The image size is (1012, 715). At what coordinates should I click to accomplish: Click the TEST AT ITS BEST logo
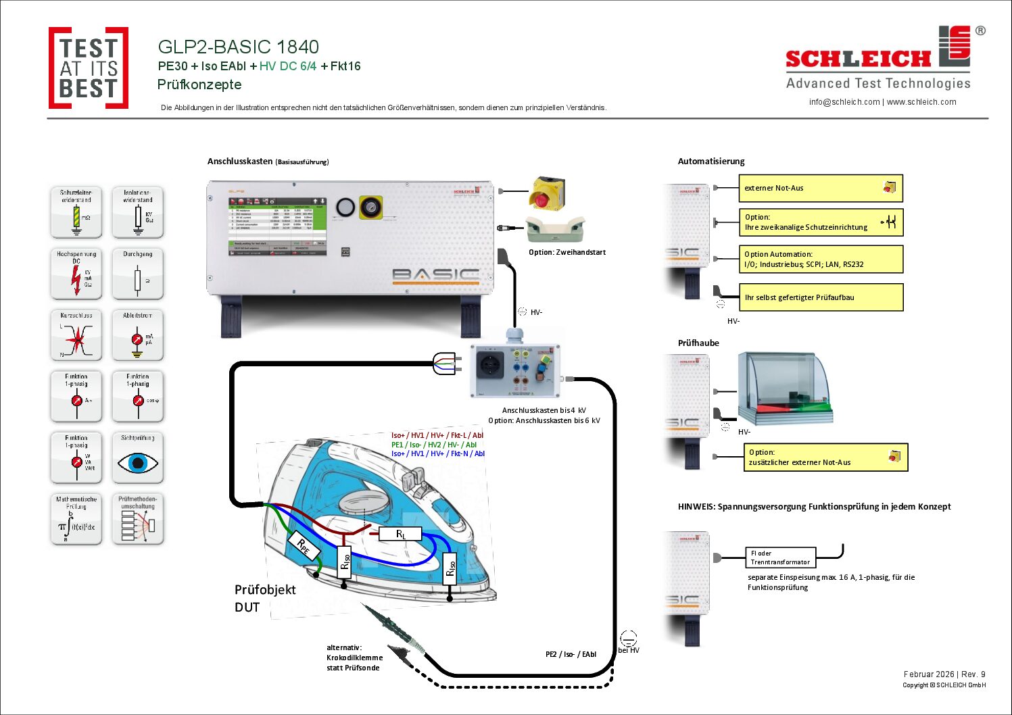click(x=89, y=68)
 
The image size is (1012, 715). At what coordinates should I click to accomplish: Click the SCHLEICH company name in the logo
click(x=858, y=59)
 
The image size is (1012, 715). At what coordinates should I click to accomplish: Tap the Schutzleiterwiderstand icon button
click(x=76, y=212)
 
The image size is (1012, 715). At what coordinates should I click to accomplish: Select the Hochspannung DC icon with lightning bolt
click(x=76, y=274)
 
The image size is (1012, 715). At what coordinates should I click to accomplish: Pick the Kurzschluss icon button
click(x=76, y=335)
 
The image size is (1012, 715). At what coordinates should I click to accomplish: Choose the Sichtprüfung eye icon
click(x=138, y=458)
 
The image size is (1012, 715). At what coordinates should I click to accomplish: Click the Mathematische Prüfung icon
click(x=76, y=519)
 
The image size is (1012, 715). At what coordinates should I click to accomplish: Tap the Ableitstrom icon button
click(x=138, y=335)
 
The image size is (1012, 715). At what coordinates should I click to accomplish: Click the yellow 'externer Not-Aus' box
click(x=821, y=188)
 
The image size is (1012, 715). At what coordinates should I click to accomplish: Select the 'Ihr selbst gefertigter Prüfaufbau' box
click(x=821, y=297)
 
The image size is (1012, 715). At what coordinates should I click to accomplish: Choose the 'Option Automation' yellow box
click(x=821, y=259)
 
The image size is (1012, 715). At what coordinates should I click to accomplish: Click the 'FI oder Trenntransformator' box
click(x=780, y=558)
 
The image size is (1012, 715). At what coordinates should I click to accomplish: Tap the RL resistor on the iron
click(x=400, y=534)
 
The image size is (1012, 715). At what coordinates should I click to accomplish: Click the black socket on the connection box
click(x=490, y=366)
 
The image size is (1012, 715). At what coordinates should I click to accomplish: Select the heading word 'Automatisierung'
click(x=711, y=162)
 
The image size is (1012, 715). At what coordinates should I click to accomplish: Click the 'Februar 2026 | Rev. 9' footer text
click(x=944, y=674)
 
